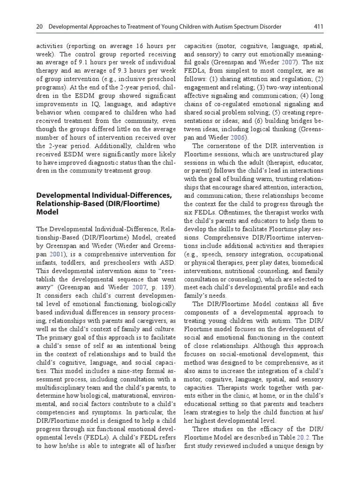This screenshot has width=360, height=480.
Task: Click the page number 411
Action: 318,27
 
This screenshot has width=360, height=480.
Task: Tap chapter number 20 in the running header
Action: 39,27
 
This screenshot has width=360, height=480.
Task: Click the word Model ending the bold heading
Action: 47,212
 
